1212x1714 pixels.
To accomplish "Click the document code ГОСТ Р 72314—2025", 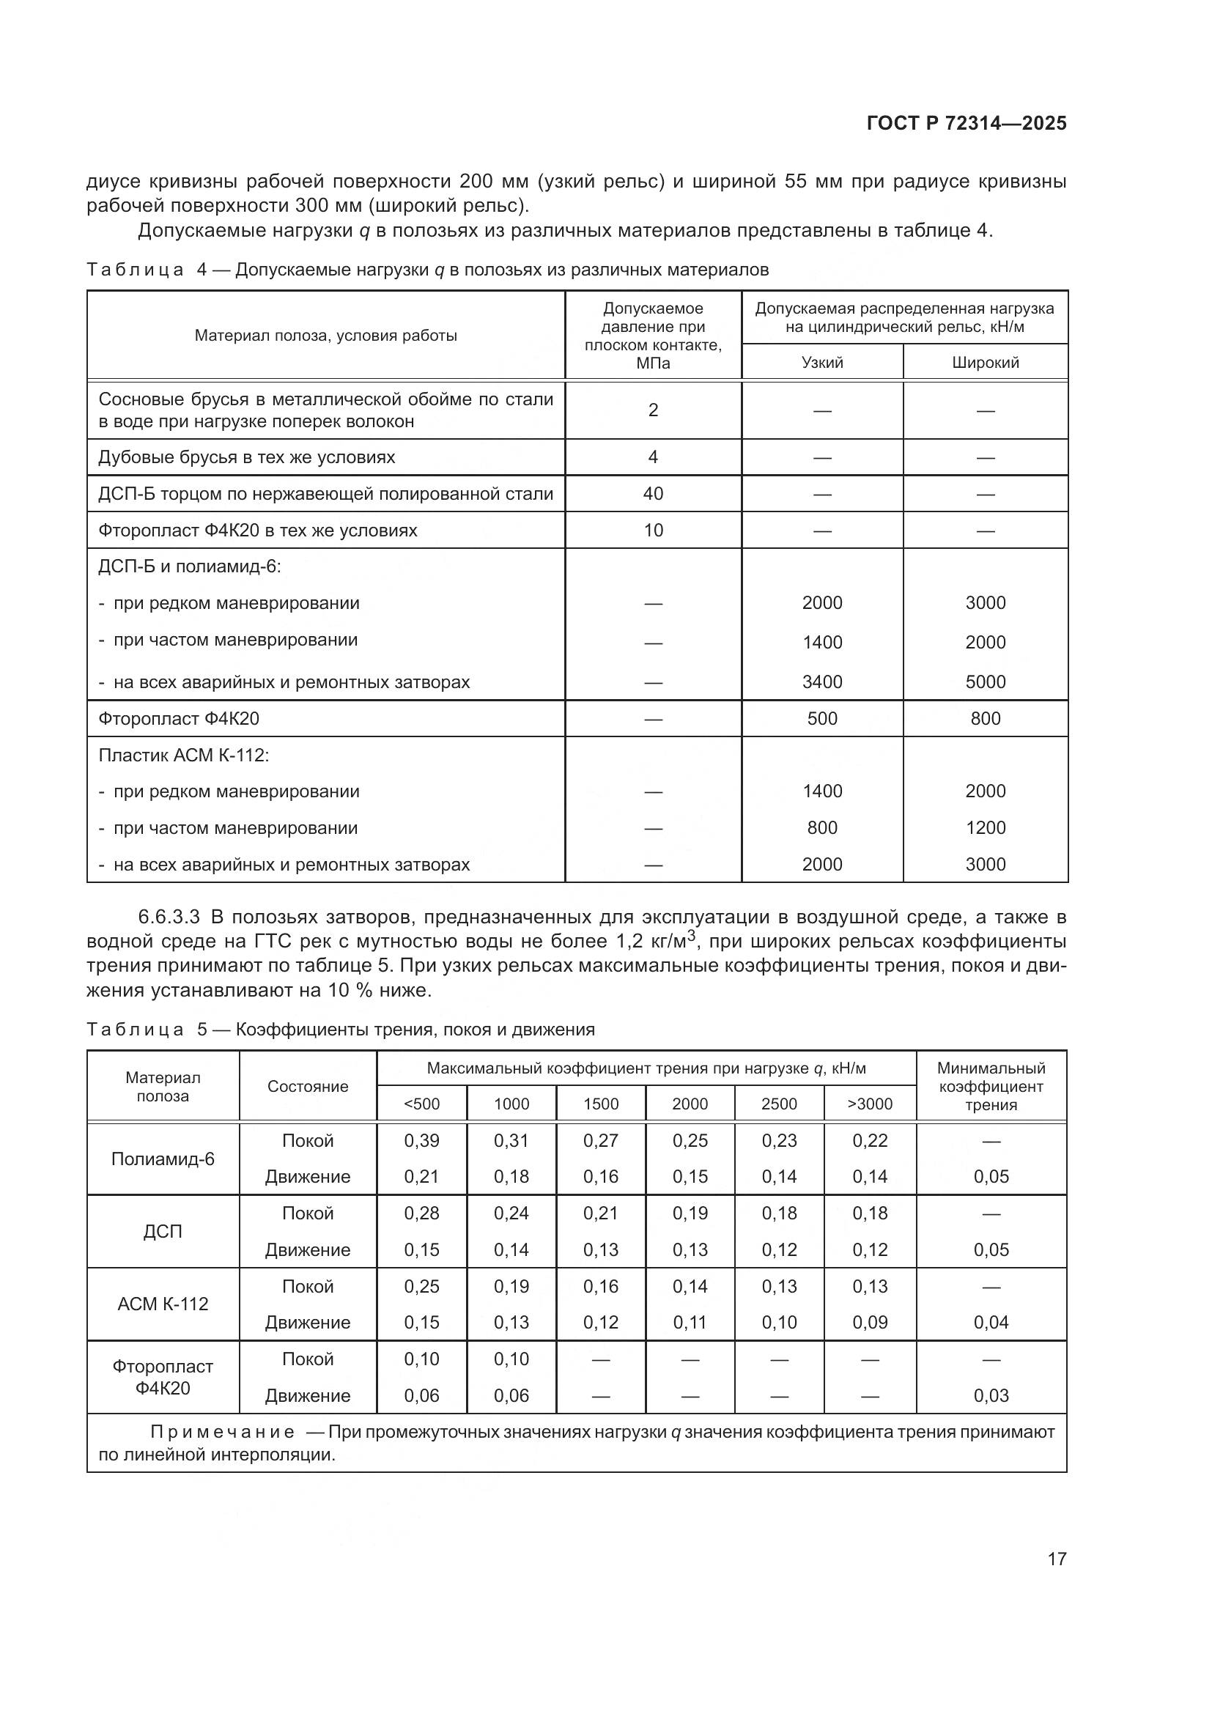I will (967, 123).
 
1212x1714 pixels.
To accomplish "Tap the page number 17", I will (1057, 1559).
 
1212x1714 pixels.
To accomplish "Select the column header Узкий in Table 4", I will (821, 363).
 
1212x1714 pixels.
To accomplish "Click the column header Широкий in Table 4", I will (985, 363).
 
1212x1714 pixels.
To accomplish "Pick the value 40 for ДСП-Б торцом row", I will (653, 493).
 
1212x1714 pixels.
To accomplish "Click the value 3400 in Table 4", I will (821, 681).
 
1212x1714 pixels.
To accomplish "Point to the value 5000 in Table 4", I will (985, 681).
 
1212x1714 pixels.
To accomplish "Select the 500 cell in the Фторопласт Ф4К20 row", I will (821, 718).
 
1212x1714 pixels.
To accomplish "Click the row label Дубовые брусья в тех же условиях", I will (246, 457).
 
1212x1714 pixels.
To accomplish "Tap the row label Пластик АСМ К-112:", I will (184, 755).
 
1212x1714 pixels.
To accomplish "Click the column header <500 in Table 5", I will (421, 1104).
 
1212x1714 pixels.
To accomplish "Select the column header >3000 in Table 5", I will (870, 1104).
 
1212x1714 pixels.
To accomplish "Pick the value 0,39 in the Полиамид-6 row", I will (421, 1141).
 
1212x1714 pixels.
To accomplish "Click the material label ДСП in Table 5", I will (163, 1231).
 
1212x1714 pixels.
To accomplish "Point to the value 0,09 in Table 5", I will (870, 1322).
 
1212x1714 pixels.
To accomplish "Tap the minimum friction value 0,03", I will (991, 1395).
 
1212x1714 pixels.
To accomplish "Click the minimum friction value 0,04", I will (991, 1322).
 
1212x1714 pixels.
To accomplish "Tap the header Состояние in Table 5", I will (308, 1086).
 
